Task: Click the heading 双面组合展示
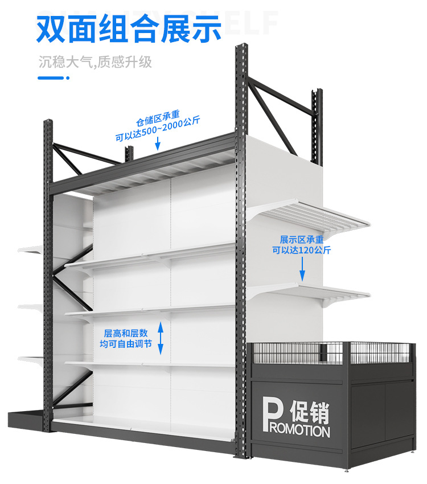coord(129,28)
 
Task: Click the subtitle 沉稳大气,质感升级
coord(95,62)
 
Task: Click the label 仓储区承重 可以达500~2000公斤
coord(159,129)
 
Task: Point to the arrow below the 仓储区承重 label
coord(158,145)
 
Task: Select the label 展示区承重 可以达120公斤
coord(301,244)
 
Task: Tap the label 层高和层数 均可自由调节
coord(126,338)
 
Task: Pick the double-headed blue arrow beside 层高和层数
coord(161,338)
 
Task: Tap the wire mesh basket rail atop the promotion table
coord(336,352)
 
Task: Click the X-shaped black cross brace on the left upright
coord(68,279)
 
